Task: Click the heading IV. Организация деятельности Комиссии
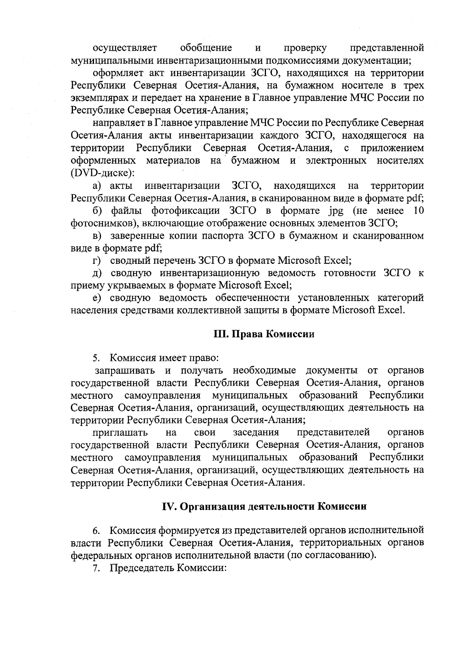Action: click(x=264, y=507)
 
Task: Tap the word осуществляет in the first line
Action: click(x=124, y=48)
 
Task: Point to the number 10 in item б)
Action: click(x=418, y=211)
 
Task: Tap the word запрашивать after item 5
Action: click(x=123, y=370)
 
